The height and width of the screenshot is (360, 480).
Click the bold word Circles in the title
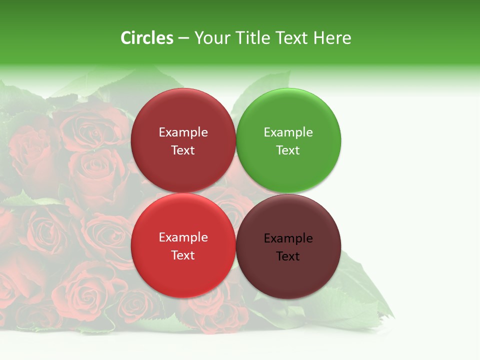pyautogui.click(x=147, y=38)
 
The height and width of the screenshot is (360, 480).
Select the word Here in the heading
pyautogui.click(x=332, y=38)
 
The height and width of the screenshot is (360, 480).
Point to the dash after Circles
pyautogui.click(x=183, y=38)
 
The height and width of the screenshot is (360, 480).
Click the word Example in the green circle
pyautogui.click(x=288, y=132)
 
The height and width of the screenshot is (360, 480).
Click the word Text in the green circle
pyautogui.click(x=288, y=150)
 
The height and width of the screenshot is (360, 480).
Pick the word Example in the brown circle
pyautogui.click(x=288, y=238)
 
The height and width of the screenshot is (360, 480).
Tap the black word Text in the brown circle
pyautogui.click(x=288, y=256)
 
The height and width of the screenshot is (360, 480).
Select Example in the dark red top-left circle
pyautogui.click(x=183, y=132)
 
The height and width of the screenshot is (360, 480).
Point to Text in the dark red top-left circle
pyautogui.click(x=183, y=150)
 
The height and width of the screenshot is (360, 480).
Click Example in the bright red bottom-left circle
pyautogui.click(x=183, y=237)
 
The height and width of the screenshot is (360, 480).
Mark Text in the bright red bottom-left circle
pyautogui.click(x=183, y=255)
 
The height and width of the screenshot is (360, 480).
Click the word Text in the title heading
pyautogui.click(x=292, y=38)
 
